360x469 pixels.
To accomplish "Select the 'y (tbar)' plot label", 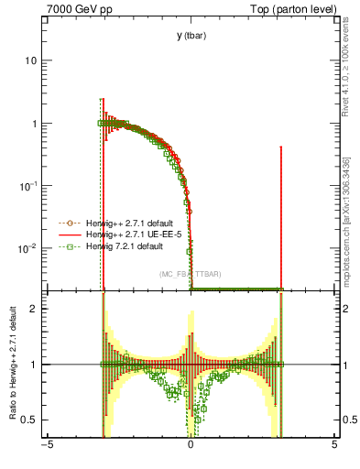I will point(191,35).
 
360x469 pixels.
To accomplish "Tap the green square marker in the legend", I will point(66,246).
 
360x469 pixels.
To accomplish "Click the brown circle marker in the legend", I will point(66,223).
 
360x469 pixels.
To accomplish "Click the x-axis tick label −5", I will point(47,446).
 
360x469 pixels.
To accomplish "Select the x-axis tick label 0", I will point(191,446).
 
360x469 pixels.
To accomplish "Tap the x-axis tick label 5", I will point(333,446).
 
